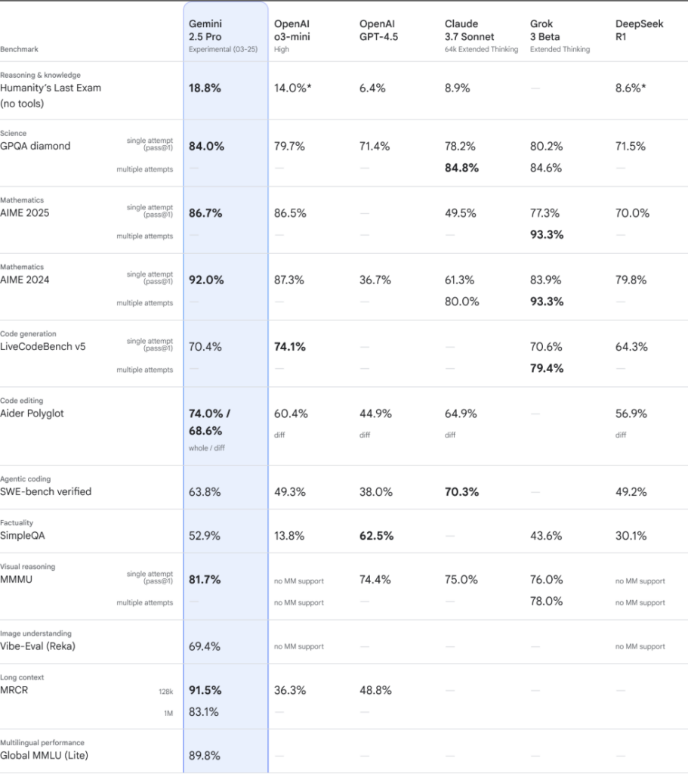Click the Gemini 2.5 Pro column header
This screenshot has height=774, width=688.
(x=223, y=36)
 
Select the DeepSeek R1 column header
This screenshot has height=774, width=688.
(x=639, y=30)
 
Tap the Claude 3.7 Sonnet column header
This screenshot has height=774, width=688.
(x=481, y=36)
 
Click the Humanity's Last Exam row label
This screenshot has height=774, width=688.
(x=51, y=95)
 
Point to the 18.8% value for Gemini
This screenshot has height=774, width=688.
(x=205, y=88)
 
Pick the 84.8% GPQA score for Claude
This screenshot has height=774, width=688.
(x=461, y=168)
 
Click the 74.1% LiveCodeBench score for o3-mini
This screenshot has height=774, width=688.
(x=290, y=346)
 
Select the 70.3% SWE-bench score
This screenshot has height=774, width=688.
(x=461, y=491)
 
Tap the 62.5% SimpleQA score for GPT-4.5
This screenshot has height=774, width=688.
(x=376, y=536)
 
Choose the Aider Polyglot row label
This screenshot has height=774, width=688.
(x=32, y=413)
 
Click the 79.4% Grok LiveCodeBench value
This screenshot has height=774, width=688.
(x=547, y=368)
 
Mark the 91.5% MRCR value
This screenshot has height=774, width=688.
(x=205, y=690)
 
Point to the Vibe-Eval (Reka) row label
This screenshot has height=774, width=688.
(x=38, y=646)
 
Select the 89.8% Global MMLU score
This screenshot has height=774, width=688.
(x=204, y=755)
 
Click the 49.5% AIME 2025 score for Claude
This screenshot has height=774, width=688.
(x=461, y=213)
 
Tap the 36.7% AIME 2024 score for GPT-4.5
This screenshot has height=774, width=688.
(x=375, y=280)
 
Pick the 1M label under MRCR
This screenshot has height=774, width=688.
(x=168, y=714)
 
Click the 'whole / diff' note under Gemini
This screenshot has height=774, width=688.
(x=207, y=448)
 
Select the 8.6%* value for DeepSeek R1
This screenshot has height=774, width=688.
(x=631, y=88)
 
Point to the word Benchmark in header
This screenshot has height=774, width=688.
(x=19, y=49)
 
